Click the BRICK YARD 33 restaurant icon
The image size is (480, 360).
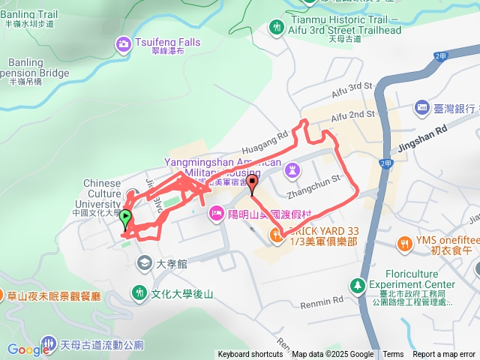click(x=279, y=235)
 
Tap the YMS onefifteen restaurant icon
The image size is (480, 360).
click(x=405, y=243)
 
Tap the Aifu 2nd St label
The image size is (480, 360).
click(x=352, y=114)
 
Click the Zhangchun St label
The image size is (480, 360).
click(x=319, y=181)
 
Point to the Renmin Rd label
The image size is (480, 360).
click(x=321, y=301)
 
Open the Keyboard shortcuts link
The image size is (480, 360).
click(x=250, y=355)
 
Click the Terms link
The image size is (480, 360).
click(x=393, y=355)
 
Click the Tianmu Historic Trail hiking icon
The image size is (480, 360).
click(x=277, y=27)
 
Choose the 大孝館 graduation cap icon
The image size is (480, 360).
click(x=142, y=263)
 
